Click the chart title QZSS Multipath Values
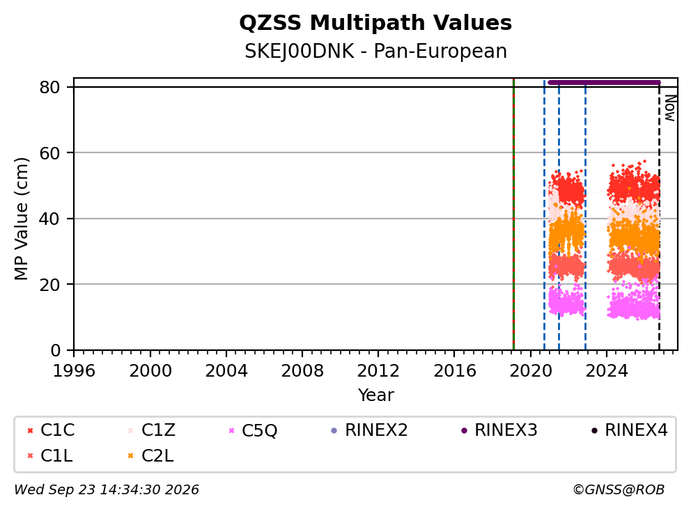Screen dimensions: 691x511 (375, 23)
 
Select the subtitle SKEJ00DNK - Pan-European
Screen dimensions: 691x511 (375, 51)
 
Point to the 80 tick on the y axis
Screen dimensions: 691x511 (49, 87)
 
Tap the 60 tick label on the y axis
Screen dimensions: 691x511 (49, 153)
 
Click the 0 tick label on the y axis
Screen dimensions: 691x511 (55, 350)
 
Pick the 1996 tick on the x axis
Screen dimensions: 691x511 (74, 370)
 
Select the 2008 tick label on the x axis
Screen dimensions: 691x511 (302, 370)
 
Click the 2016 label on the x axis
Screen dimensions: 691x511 (454, 370)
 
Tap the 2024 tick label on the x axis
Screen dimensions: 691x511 (607, 370)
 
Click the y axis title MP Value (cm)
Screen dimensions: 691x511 (21, 219)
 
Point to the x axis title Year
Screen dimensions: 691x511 (375, 395)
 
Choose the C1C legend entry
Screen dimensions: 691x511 (51, 430)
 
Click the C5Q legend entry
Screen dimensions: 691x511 (253, 430)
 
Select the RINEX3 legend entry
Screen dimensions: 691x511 (499, 430)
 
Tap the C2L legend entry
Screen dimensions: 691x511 (150, 456)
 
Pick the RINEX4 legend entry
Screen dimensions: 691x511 (629, 430)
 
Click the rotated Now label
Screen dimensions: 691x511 (670, 109)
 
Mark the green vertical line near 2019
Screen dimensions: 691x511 (514, 214)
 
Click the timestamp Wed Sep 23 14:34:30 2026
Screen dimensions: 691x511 (107, 490)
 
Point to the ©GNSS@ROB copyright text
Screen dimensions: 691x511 (619, 490)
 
